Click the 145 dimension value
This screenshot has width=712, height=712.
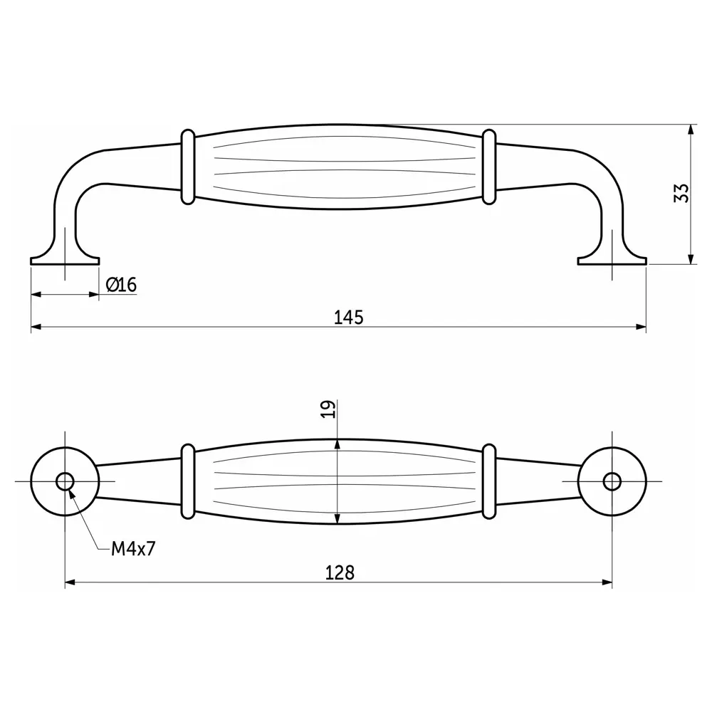tap(349, 317)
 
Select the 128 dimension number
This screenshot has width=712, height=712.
tap(340, 572)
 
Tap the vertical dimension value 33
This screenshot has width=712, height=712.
tap(681, 194)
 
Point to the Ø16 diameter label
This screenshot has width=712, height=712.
tap(121, 285)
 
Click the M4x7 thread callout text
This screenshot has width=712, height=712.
tap(133, 549)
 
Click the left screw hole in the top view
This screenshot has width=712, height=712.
tap(65, 481)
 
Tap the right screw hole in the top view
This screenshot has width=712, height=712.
tap(611, 481)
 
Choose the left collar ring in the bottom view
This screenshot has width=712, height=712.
tap(187, 481)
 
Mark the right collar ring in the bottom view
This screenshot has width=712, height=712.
tap(488, 481)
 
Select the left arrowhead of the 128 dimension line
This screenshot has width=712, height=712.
tap(70, 582)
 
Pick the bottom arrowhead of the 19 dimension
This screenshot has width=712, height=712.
tap(337, 519)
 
